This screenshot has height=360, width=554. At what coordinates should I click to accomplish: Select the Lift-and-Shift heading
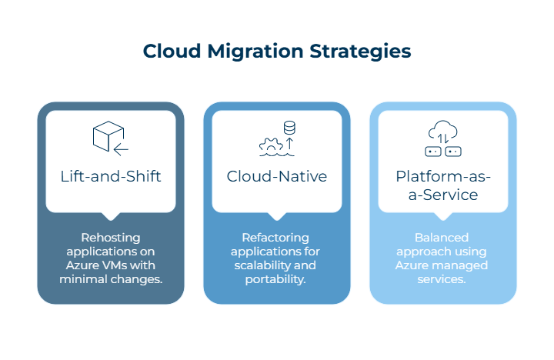pos(111,176)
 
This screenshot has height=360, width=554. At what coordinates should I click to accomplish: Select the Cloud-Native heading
pos(277,176)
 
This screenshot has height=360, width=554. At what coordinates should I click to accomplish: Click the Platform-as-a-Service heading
pos(443,185)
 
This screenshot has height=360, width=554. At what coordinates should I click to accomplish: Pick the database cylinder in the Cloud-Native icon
pos(290,127)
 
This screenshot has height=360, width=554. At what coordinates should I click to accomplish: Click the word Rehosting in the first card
pos(111,238)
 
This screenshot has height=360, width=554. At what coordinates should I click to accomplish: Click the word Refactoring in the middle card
pos(277,238)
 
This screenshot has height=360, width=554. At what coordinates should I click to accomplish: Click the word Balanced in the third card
pos(443,238)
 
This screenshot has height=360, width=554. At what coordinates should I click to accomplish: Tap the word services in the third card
pos(443,278)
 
